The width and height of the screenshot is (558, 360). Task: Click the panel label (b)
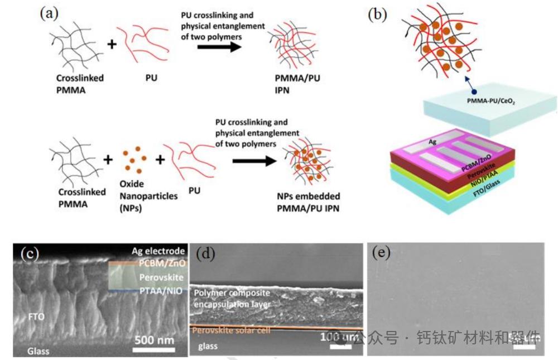pos(377,13)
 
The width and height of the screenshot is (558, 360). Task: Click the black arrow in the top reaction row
pos(219,46)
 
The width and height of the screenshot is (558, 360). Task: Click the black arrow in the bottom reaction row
pos(254,162)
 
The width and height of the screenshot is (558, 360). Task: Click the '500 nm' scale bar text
pos(153,339)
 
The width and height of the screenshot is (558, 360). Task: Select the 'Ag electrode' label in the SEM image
pos(158,251)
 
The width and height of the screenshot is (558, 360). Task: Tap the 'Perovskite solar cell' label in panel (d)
pos(232,331)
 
